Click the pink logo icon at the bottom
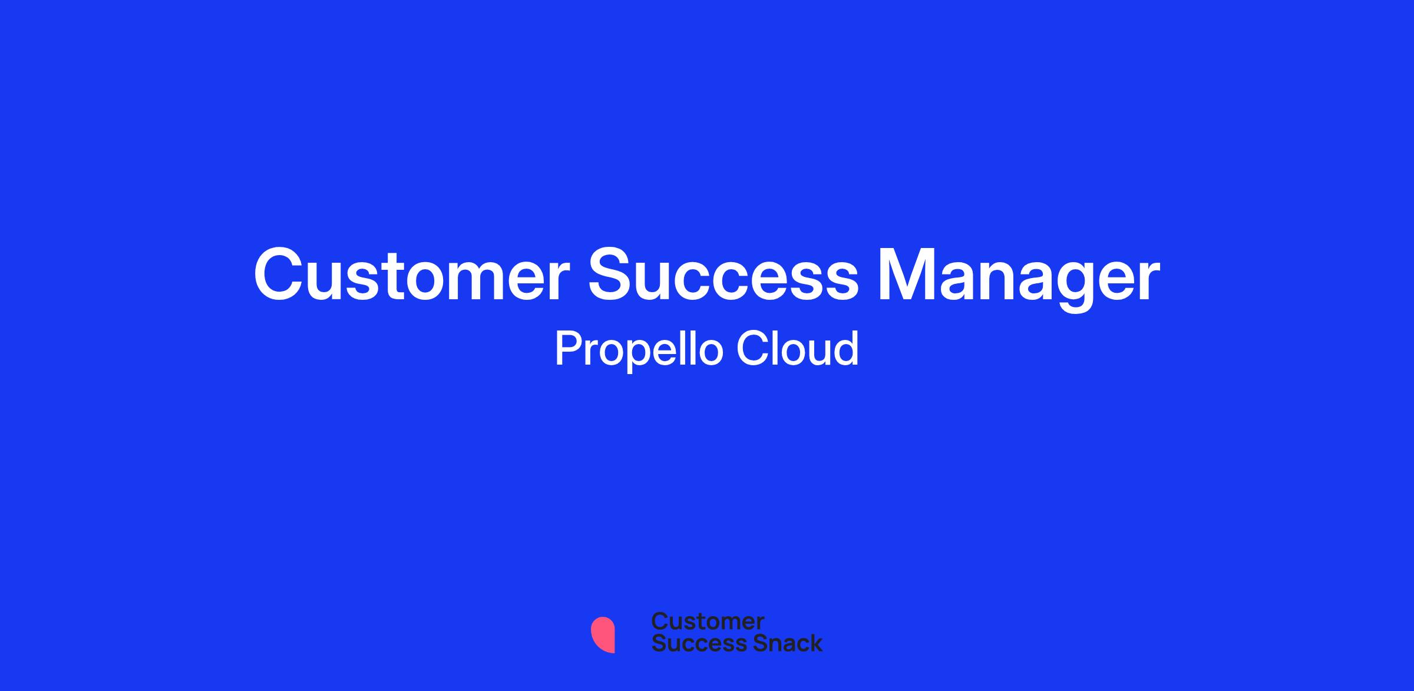pos(603,635)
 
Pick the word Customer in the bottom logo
pos(708,621)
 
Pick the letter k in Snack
pos(815,643)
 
